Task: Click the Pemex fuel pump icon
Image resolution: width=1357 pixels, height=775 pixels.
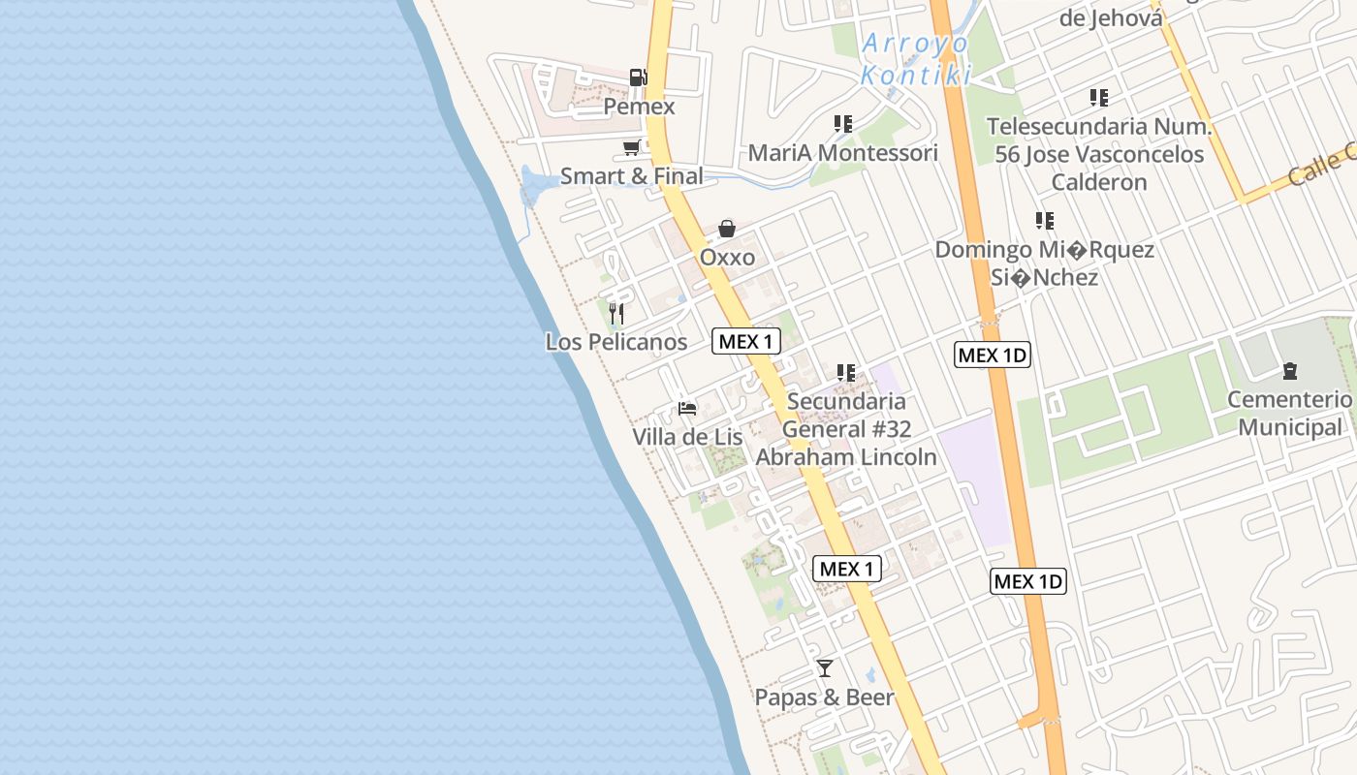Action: [x=638, y=77]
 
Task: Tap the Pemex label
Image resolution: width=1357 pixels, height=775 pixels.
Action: [x=639, y=106]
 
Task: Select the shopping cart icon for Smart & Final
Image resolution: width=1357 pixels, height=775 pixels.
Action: [x=632, y=148]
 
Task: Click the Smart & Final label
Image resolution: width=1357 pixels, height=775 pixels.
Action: [x=632, y=176]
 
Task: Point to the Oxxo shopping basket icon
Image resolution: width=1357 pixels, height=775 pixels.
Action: [x=727, y=230]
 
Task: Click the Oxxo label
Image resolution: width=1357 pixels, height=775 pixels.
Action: [x=727, y=258]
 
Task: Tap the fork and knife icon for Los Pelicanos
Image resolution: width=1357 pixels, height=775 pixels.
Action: [x=616, y=314]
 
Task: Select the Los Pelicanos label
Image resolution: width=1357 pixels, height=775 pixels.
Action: [x=616, y=342]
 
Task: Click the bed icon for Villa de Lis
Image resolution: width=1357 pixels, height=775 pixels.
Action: [x=687, y=409]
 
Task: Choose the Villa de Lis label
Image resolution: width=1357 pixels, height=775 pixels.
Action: [x=687, y=437]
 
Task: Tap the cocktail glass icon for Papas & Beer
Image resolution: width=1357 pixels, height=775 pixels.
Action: [x=825, y=668]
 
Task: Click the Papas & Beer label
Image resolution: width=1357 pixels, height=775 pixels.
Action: [x=825, y=697]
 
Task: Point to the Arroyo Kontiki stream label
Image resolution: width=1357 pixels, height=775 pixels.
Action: [x=915, y=59]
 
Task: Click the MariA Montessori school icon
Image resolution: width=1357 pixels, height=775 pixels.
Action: [x=843, y=124]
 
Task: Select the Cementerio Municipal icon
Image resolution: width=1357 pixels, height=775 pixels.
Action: [x=1289, y=371]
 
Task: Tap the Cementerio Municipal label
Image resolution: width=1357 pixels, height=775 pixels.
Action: [x=1289, y=414]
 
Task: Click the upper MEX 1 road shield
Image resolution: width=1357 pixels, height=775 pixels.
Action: [x=746, y=341]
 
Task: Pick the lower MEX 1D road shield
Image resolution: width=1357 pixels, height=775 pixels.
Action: [x=1028, y=581]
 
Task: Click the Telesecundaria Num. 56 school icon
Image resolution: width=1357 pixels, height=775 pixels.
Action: [x=1099, y=98]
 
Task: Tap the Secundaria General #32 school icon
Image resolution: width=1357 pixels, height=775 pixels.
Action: [x=846, y=373]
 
